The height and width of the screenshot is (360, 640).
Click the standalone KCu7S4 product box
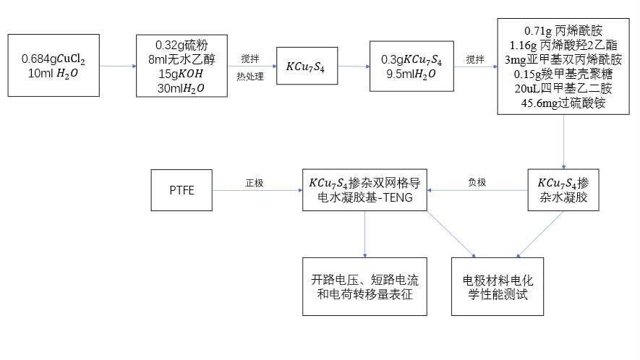[307, 67]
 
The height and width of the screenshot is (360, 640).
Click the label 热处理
[249, 76]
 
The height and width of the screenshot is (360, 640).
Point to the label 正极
[255, 183]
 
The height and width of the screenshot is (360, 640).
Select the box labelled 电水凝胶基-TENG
[365, 190]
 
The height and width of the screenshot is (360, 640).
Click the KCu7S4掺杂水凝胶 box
[564, 190]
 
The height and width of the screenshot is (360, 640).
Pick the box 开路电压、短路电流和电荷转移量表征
[365, 286]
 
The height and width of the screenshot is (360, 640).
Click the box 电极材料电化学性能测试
[498, 286]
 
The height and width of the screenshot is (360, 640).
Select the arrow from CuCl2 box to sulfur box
[117, 67]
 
